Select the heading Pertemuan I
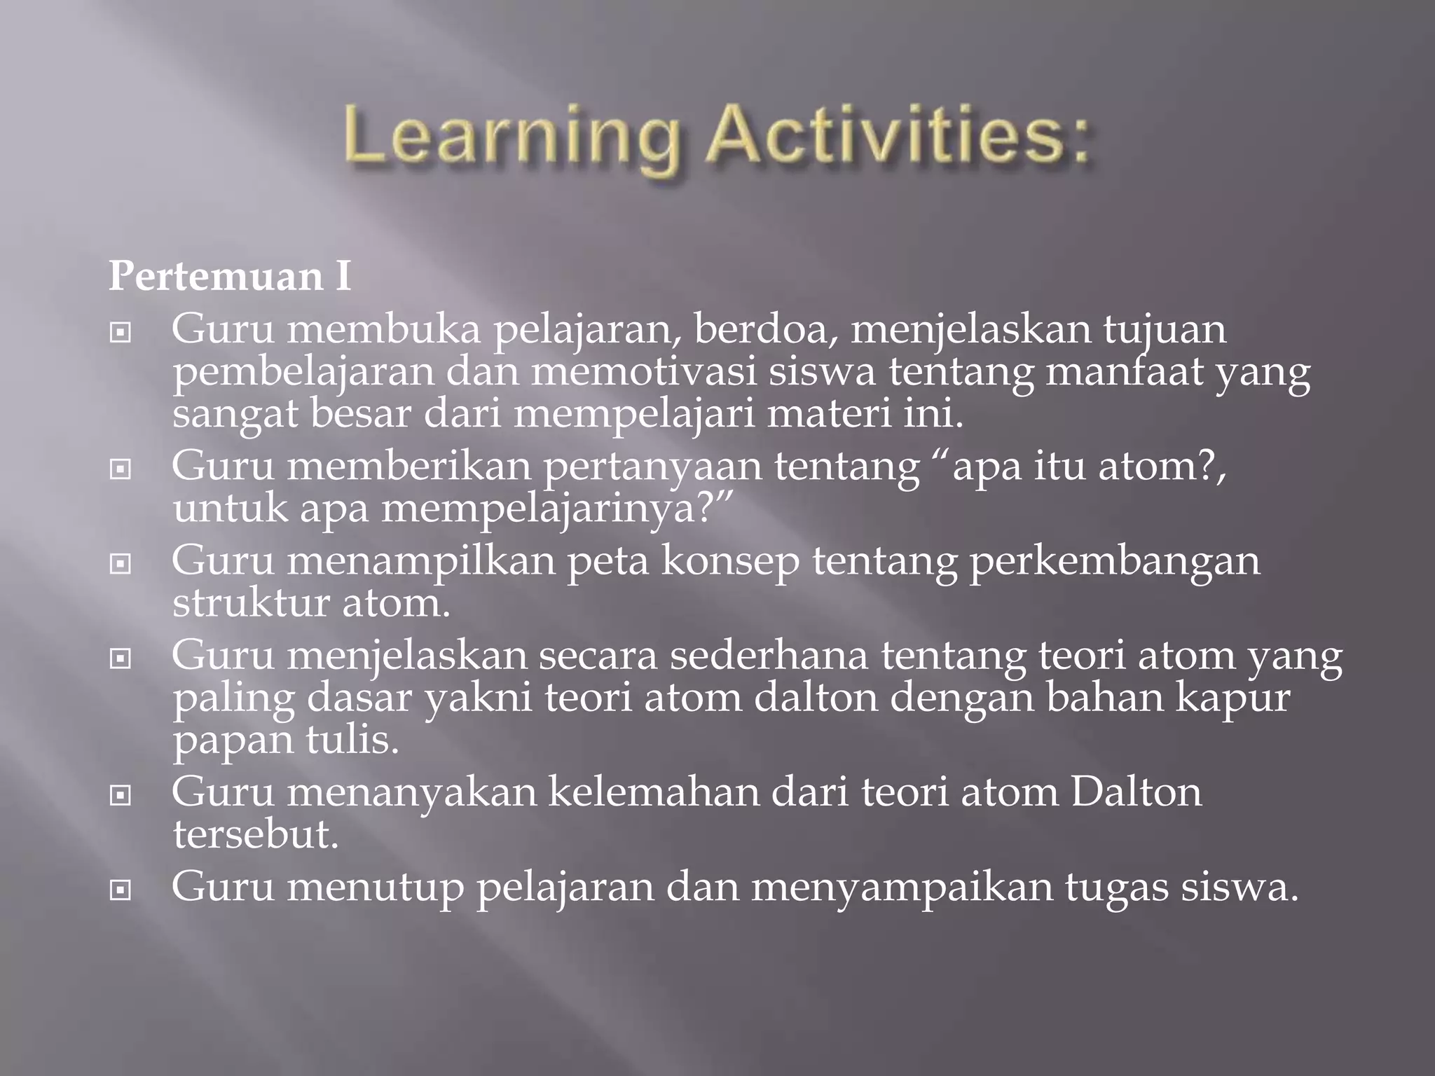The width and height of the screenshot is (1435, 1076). [x=230, y=277]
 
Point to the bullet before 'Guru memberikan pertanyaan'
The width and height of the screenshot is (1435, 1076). [x=121, y=469]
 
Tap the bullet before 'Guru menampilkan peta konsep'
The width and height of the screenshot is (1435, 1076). [x=121, y=563]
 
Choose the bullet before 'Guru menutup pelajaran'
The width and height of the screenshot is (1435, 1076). [x=121, y=890]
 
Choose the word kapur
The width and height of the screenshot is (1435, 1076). [x=1233, y=699]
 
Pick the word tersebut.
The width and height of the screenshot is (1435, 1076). [x=256, y=834]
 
